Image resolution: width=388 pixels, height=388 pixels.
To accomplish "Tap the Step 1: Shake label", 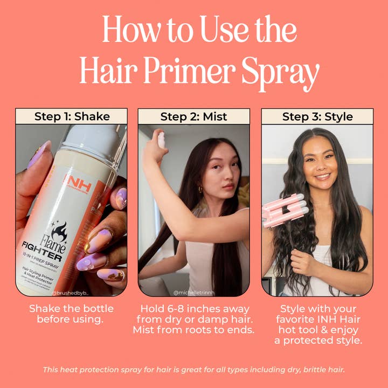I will click(x=72, y=116).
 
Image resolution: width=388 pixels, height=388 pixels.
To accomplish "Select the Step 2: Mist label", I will click(x=194, y=116).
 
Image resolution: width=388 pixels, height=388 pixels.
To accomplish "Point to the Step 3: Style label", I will click(x=317, y=116).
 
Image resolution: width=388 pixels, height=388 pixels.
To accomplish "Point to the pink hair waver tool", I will click(x=285, y=210).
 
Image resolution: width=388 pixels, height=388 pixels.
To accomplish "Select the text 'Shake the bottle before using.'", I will click(x=72, y=314).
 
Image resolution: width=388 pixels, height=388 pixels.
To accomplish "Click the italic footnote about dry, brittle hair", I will click(x=194, y=369).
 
